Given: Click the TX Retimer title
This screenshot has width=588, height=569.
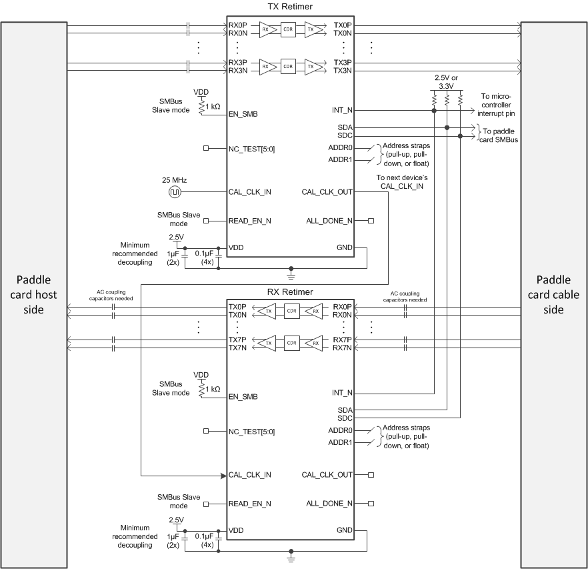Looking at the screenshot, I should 290,7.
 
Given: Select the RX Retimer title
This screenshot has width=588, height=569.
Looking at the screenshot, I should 290,292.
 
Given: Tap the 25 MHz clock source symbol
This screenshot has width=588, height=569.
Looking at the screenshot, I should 175,192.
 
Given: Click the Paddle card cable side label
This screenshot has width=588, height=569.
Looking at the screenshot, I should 554,294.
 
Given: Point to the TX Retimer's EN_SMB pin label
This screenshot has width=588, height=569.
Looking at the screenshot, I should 243,114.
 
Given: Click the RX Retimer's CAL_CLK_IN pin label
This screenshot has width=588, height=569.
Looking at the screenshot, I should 249,475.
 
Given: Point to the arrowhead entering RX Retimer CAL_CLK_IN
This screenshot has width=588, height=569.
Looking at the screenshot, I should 224,475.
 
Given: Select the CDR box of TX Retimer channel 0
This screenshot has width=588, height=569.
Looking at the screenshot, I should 288,29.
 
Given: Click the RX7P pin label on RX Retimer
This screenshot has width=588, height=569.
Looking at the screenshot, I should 342,340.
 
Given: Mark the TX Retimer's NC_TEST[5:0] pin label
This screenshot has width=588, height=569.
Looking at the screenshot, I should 251,148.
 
